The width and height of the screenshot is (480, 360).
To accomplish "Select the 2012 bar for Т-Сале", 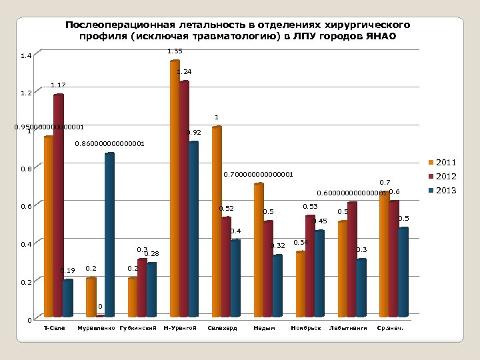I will click(x=59, y=206).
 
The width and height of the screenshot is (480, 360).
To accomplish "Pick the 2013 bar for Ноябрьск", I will click(x=319, y=273).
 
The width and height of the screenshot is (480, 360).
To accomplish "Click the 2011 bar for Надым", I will click(x=259, y=250).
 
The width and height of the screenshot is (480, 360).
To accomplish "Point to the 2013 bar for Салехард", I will click(x=236, y=278).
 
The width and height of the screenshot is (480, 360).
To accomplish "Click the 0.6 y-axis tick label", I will click(x=26, y=207).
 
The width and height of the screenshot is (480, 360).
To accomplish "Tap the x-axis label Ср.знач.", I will click(x=391, y=329).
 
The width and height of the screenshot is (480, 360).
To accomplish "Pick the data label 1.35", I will click(x=175, y=51).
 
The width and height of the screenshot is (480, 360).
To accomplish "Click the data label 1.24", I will click(x=184, y=71).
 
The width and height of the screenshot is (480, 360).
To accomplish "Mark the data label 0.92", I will click(x=194, y=133).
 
